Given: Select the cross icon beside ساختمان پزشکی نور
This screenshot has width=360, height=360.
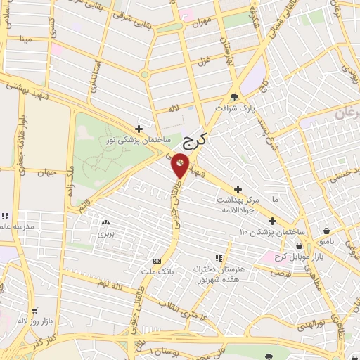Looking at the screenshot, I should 139,129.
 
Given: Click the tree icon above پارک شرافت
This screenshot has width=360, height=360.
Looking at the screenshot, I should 234,98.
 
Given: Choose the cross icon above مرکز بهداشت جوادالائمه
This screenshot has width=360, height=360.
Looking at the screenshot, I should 238,189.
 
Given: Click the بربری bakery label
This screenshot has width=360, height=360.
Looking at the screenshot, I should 105,233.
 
